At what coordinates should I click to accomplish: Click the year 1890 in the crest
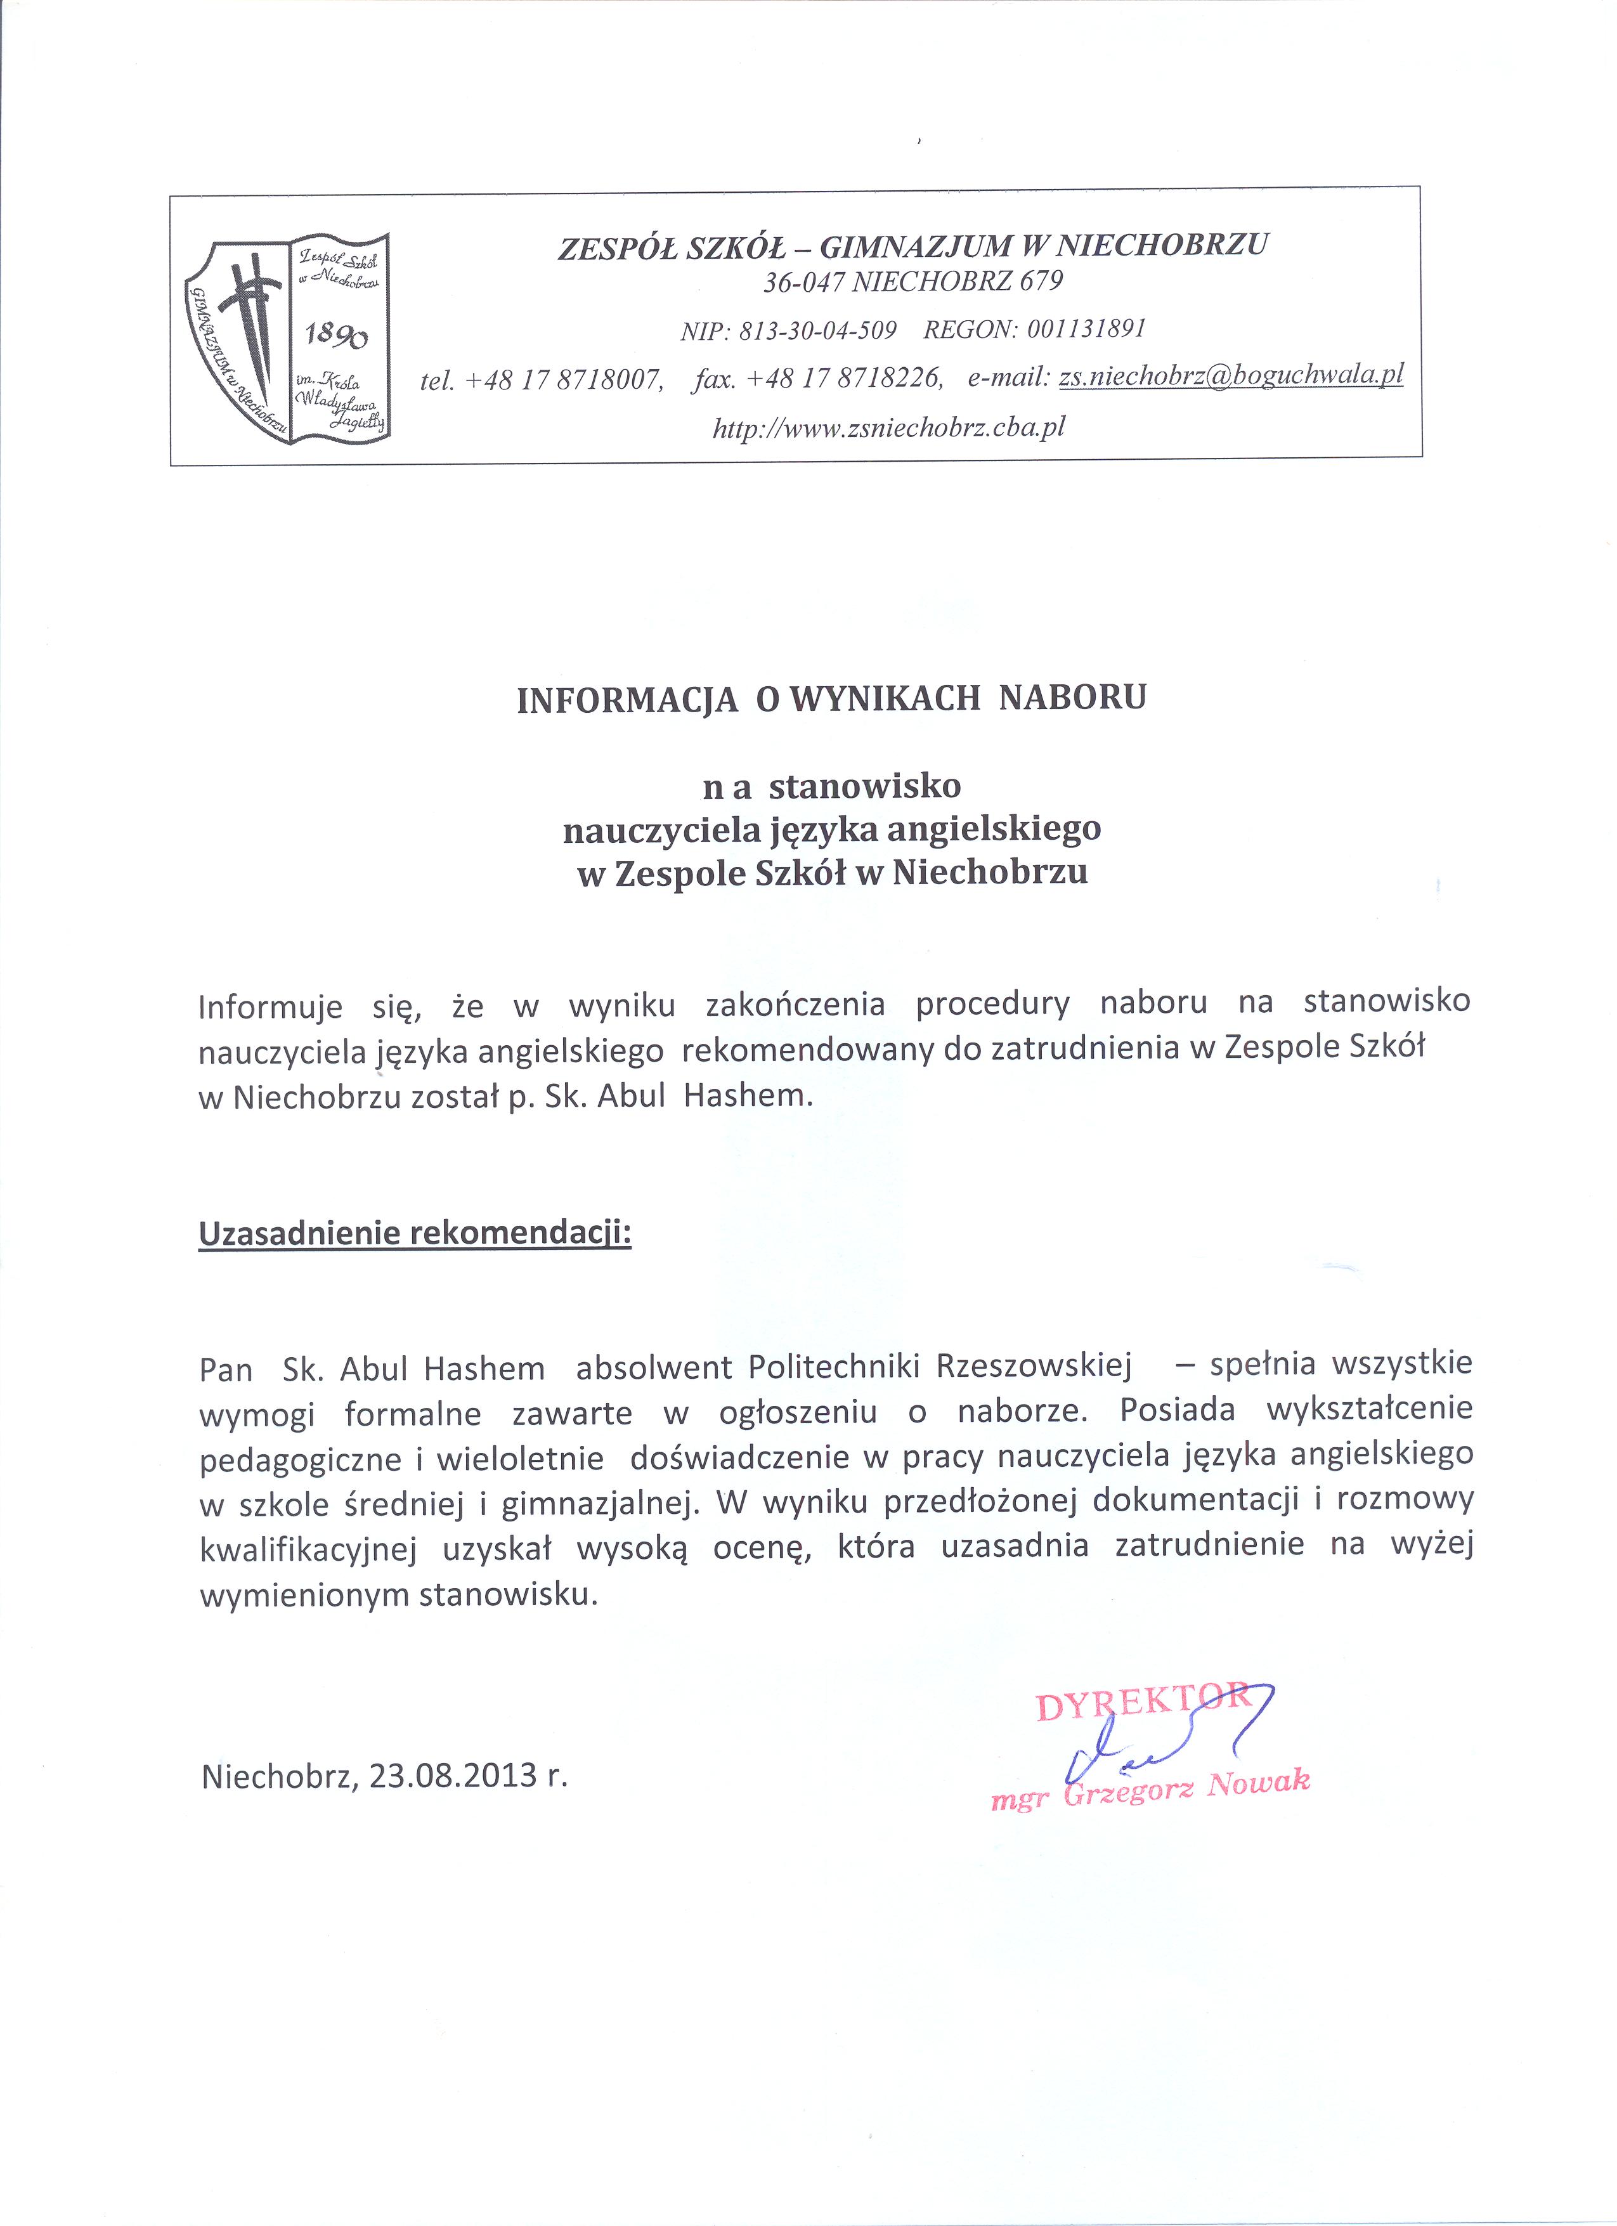tap(335, 337)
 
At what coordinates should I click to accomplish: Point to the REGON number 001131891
tap(1087, 329)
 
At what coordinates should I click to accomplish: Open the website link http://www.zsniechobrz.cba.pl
tap(889, 427)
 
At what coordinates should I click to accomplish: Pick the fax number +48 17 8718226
tap(844, 378)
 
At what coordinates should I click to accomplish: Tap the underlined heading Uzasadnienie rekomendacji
tap(415, 1233)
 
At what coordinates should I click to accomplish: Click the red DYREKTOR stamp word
tap(1142, 1707)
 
